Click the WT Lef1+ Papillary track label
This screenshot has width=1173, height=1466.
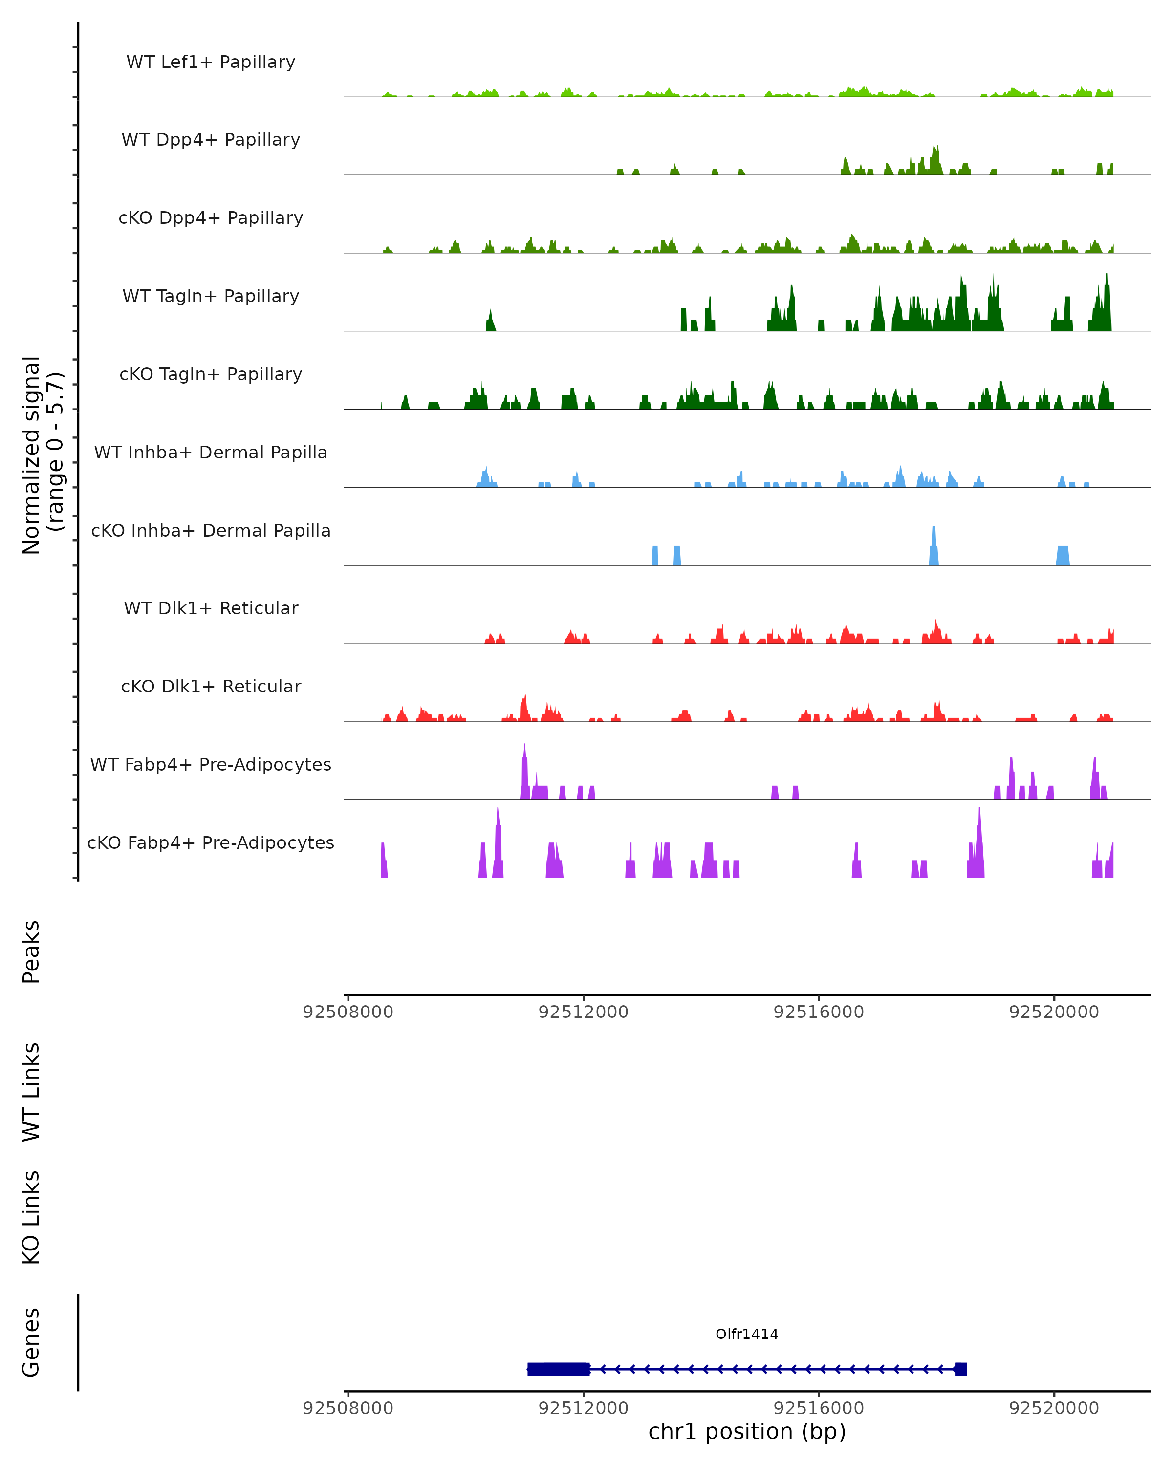click(x=211, y=62)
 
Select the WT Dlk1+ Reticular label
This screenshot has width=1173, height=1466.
click(x=211, y=608)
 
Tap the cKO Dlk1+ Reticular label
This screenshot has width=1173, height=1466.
click(x=211, y=686)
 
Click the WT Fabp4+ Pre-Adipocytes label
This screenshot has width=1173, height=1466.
click(x=211, y=764)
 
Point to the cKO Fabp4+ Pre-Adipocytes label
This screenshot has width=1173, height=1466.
click(x=211, y=842)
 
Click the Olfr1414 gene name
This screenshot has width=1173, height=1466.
click(x=747, y=1334)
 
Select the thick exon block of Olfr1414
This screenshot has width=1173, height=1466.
click(x=558, y=1369)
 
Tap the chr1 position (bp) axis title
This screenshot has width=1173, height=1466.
click(x=747, y=1432)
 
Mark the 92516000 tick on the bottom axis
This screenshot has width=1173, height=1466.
click(x=819, y=1409)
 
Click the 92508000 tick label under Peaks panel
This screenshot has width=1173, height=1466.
click(x=348, y=1012)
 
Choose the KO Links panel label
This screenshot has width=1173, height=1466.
click(x=31, y=1217)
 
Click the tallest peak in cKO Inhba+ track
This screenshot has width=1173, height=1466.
click(x=934, y=537)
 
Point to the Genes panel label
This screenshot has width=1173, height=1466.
click(x=31, y=1342)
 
